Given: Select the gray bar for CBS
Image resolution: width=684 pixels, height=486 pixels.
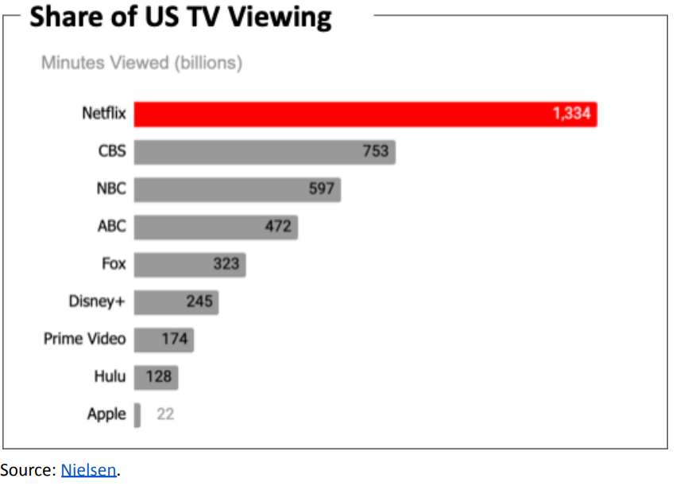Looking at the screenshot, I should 265,152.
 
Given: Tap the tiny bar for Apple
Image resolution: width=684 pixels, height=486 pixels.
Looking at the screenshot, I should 137,415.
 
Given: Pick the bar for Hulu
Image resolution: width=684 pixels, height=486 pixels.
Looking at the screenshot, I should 156,377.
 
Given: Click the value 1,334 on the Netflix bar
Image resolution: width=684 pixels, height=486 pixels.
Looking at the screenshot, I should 571,114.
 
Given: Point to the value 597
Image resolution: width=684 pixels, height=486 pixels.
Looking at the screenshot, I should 322,189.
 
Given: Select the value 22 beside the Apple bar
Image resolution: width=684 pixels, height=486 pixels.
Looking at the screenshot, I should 165,414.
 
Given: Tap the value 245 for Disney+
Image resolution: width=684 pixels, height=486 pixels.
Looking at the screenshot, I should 199,301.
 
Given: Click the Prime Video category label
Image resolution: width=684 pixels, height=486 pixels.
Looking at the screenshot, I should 84,339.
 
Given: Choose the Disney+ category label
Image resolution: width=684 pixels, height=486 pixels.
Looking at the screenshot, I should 97,301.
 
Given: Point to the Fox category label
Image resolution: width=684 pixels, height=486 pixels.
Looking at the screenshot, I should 114,264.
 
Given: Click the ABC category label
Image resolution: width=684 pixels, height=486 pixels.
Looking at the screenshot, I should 111,226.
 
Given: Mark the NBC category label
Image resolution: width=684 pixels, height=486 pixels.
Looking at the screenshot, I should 111,189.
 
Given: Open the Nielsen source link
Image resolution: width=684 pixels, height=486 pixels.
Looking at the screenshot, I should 89,470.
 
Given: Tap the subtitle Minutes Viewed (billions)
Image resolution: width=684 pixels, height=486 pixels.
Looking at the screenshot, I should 141,62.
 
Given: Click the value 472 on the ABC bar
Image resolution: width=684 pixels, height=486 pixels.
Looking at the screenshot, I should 278,227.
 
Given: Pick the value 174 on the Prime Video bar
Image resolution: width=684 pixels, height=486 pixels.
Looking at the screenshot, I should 174,340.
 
